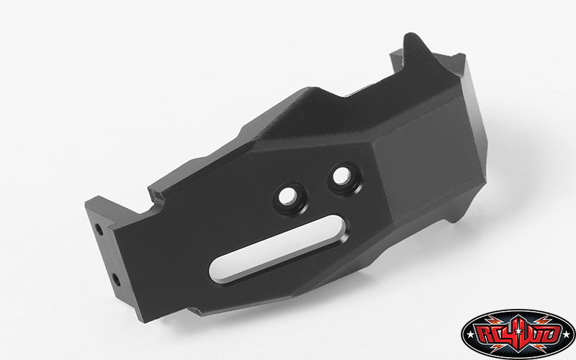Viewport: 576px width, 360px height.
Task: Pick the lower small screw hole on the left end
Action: pos(114,277)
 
